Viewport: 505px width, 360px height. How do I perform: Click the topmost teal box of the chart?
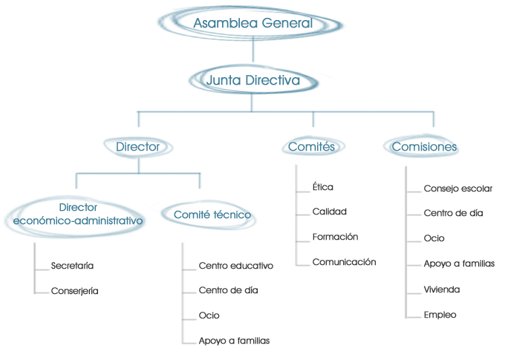pyautogui.click(x=258, y=24)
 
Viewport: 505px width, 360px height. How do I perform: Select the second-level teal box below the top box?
pyautogui.click(x=259, y=79)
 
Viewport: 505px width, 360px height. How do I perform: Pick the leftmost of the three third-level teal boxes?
pyautogui.click(x=138, y=147)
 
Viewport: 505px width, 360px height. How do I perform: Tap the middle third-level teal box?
pyautogui.click(x=313, y=145)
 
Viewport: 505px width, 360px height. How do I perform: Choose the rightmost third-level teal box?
pyautogui.click(x=420, y=145)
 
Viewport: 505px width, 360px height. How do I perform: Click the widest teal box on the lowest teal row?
pyautogui.click(x=81, y=217)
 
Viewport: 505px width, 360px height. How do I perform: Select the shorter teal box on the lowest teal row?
pyautogui.click(x=209, y=215)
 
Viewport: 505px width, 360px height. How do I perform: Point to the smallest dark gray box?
pyautogui.click(x=74, y=278)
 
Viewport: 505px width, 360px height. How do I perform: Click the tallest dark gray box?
pyautogui.click(x=458, y=252)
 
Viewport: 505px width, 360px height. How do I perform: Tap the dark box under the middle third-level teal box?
pyautogui.click(x=344, y=223)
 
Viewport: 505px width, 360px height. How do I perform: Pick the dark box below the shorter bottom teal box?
pyautogui.click(x=235, y=304)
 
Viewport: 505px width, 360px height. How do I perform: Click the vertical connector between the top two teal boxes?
pyautogui.click(x=253, y=53)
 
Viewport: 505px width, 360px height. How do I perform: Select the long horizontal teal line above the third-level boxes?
pyautogui.click(x=286, y=112)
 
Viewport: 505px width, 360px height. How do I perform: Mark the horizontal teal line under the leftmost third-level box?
pyautogui.click(x=138, y=174)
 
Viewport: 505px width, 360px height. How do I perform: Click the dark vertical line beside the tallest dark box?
pyautogui.click(x=405, y=242)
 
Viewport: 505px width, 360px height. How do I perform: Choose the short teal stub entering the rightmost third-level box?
pyautogui.click(x=434, y=121)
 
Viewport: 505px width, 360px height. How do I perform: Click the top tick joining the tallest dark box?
pyautogui.click(x=414, y=192)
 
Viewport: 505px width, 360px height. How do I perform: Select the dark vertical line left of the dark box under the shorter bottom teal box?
pyautogui.click(x=183, y=293)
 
